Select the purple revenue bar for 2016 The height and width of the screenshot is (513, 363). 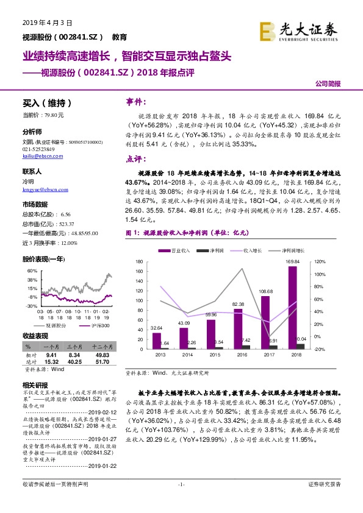pyautogui.click(x=237, y=329)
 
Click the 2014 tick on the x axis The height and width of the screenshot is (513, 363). pyautogui.click(x=184, y=354)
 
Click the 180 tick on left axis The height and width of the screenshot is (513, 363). pyautogui.click(x=139, y=261)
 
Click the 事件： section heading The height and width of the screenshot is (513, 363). pyautogui.click(x=137, y=101)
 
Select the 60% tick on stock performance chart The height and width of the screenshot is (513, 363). pyautogui.click(x=31, y=270)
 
